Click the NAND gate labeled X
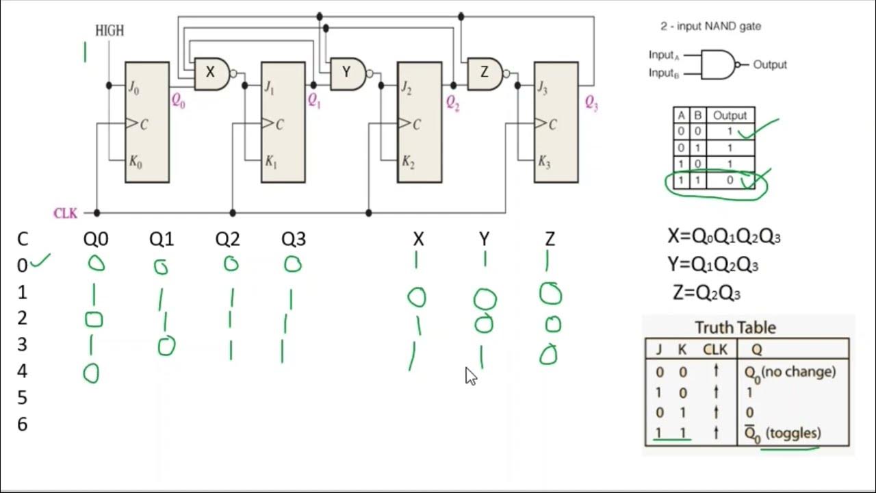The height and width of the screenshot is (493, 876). point(211,73)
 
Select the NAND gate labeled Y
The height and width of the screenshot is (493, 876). point(347,73)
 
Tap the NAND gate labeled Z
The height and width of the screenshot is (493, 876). point(484,73)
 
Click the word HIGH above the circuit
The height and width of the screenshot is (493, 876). point(109,31)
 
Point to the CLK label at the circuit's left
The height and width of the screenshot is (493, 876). point(66,213)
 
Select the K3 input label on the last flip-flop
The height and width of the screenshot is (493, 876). point(544,162)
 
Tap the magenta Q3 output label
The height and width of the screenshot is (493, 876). point(591,103)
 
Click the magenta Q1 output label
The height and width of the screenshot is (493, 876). point(314,101)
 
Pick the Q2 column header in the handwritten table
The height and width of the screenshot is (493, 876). point(228,239)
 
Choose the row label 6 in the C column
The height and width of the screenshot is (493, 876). point(23,425)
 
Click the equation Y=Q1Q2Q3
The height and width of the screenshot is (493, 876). point(712,265)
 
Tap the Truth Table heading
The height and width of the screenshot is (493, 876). point(735,327)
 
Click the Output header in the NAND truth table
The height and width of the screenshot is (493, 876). point(730,115)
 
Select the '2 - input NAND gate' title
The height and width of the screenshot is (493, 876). point(710,26)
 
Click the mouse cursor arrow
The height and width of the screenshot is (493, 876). point(471,376)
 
